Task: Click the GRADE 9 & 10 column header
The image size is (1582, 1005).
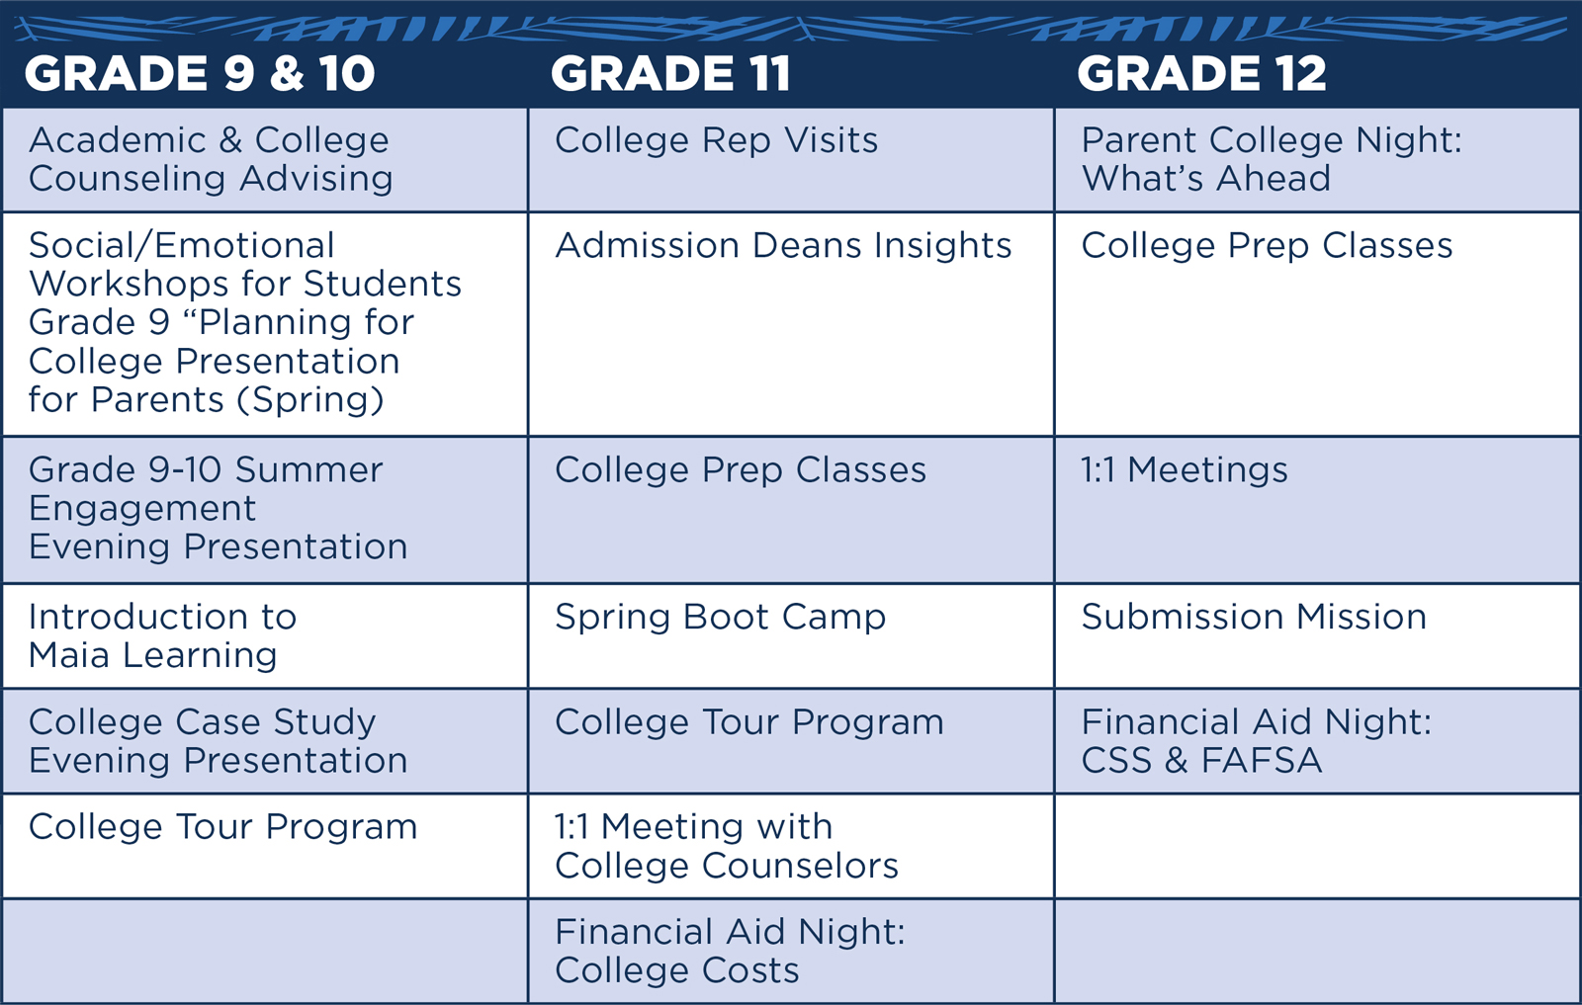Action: pyautogui.click(x=200, y=73)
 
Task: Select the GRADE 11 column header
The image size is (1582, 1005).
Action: pyautogui.click(x=670, y=73)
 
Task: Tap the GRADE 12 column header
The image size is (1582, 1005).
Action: pyautogui.click(x=1202, y=73)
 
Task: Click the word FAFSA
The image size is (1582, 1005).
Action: pyautogui.click(x=1262, y=761)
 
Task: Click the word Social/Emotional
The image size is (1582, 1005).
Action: pyautogui.click(x=182, y=246)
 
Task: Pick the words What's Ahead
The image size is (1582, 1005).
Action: pyautogui.click(x=1206, y=179)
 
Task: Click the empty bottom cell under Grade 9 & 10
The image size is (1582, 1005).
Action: pyautogui.click(x=265, y=952)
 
